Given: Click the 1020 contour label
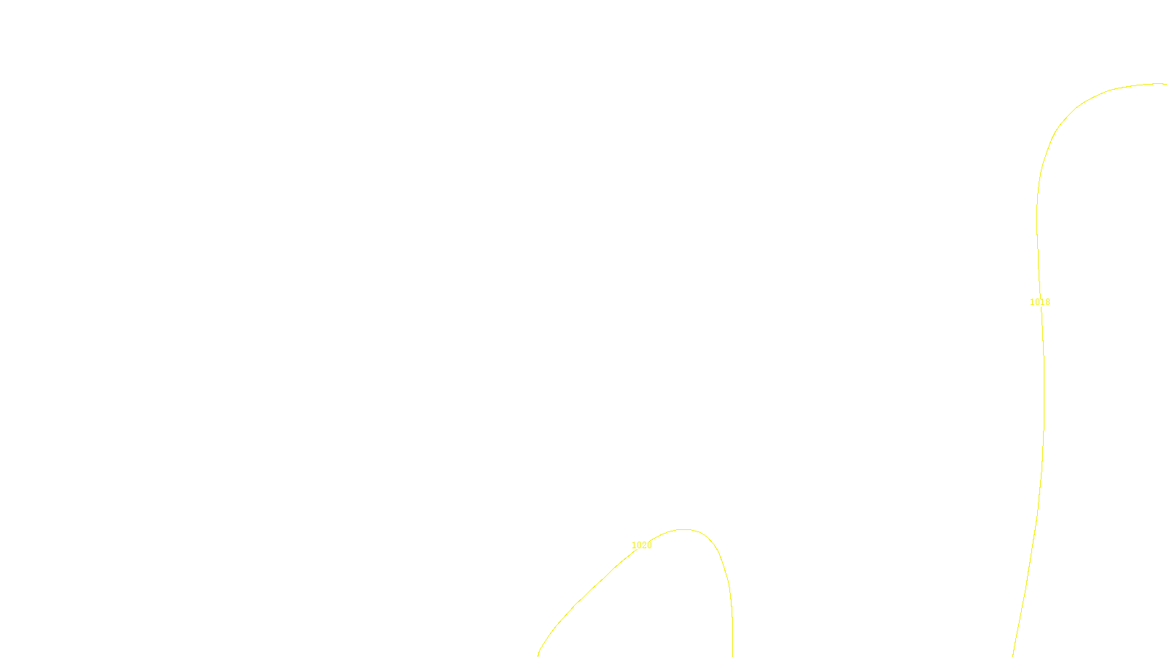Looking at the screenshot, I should (642, 545).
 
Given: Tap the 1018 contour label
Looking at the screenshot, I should (1040, 302).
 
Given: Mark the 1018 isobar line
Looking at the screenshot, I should (1044, 401).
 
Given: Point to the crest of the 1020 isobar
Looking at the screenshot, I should (683, 529).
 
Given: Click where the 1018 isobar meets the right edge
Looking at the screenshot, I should (1165, 84).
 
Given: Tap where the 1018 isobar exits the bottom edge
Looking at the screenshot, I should (1013, 655).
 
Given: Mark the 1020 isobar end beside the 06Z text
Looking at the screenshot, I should (538, 655).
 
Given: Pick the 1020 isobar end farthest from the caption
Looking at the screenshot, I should (732, 655).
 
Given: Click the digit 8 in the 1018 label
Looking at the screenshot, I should (1048, 302).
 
